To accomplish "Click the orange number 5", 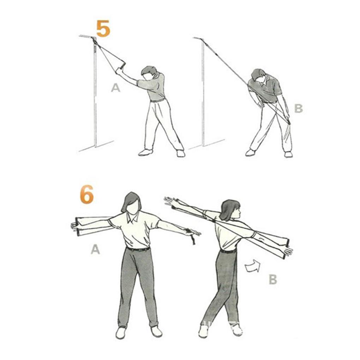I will (103, 29).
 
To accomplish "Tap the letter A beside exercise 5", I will (115, 88).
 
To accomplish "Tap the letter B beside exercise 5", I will (298, 108).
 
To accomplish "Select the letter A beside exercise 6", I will (95, 250).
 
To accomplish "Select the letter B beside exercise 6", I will (273, 280).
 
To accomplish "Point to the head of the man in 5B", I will (259, 76).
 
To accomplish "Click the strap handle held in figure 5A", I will (121, 65).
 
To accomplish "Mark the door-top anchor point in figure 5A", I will (94, 40).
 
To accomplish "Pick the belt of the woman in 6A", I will (138, 249).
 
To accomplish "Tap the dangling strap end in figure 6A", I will (192, 240).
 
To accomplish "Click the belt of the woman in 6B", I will (228, 251).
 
